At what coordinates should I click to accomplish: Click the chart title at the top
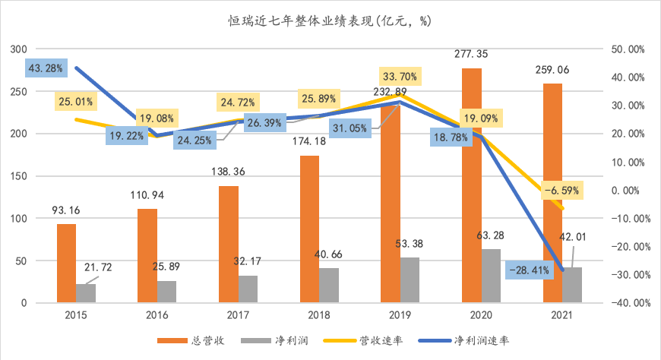(330, 21)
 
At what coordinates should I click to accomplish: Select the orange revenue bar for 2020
(472, 185)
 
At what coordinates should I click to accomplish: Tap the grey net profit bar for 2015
(87, 293)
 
